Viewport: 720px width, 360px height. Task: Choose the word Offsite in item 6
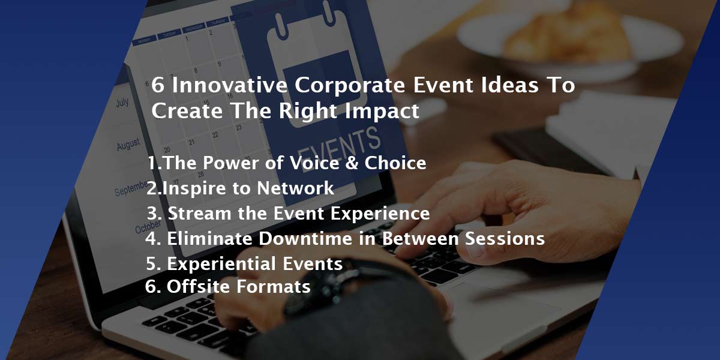pos(199,287)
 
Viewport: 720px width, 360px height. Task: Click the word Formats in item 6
pos(274,287)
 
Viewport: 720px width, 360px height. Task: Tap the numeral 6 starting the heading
pos(157,86)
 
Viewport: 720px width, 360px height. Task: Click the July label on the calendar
pos(122,103)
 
